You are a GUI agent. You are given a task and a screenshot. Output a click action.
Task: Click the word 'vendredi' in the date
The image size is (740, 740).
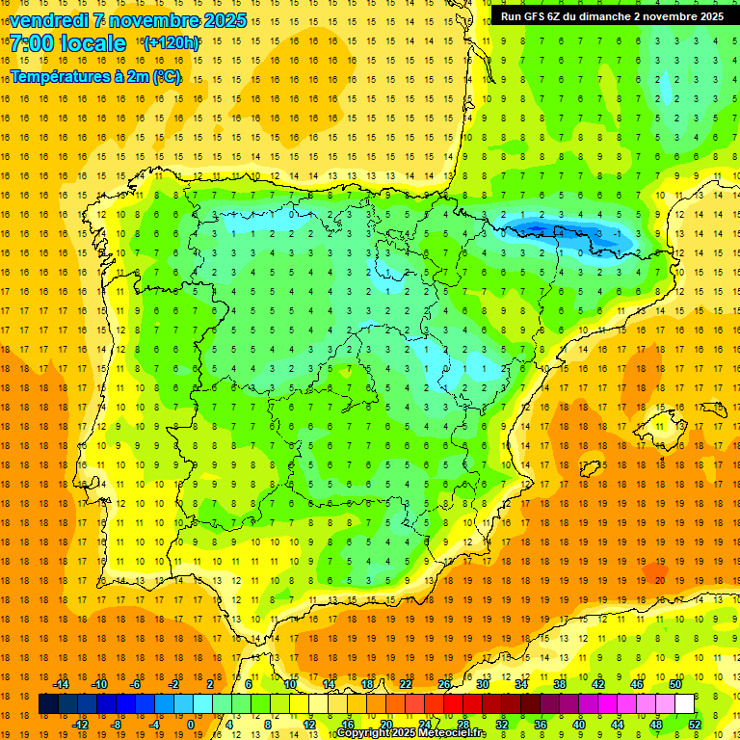coord(49,20)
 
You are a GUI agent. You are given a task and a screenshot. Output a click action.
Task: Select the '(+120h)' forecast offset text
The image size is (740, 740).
coord(172,43)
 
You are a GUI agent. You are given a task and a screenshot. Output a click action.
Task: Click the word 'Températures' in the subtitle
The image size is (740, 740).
coord(60,76)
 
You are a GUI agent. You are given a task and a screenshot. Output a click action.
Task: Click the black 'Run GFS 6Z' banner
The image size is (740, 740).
coord(612,16)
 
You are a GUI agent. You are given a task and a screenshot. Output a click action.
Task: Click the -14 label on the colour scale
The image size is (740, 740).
coord(63,683)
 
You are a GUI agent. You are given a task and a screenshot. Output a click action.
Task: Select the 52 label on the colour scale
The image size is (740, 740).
coord(695,724)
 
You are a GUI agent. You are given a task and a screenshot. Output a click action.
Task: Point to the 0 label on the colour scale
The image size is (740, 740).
coord(190,724)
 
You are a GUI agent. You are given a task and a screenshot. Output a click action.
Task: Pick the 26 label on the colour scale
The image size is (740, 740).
coord(444,683)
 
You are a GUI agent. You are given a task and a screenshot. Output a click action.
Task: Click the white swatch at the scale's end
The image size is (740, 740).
coord(684,703)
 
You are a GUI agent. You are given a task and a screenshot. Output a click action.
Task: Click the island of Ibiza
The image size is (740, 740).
coord(589,469)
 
